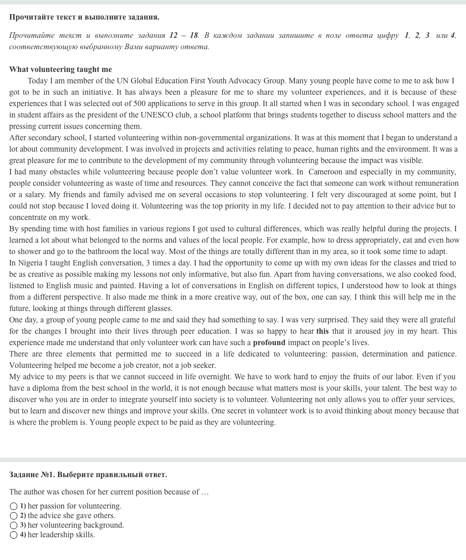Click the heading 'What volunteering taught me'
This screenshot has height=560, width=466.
pos(61,69)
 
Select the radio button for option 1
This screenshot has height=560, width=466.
pos(14,506)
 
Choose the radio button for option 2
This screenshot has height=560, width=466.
pos(14,516)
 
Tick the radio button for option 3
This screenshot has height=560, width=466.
pos(14,525)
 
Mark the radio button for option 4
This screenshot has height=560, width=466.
pos(14,535)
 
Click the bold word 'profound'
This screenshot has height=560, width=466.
pos(269,342)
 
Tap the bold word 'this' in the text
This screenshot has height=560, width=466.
pos(322,331)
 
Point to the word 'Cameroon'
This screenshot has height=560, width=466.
pos(325,172)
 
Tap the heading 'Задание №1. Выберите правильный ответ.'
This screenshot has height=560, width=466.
pos(88,474)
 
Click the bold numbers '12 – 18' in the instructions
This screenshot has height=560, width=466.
pos(184,35)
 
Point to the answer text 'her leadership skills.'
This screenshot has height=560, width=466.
pos(61,535)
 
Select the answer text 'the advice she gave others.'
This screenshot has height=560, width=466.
pos(71,515)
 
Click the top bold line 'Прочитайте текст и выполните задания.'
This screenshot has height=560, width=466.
pos(84,17)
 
